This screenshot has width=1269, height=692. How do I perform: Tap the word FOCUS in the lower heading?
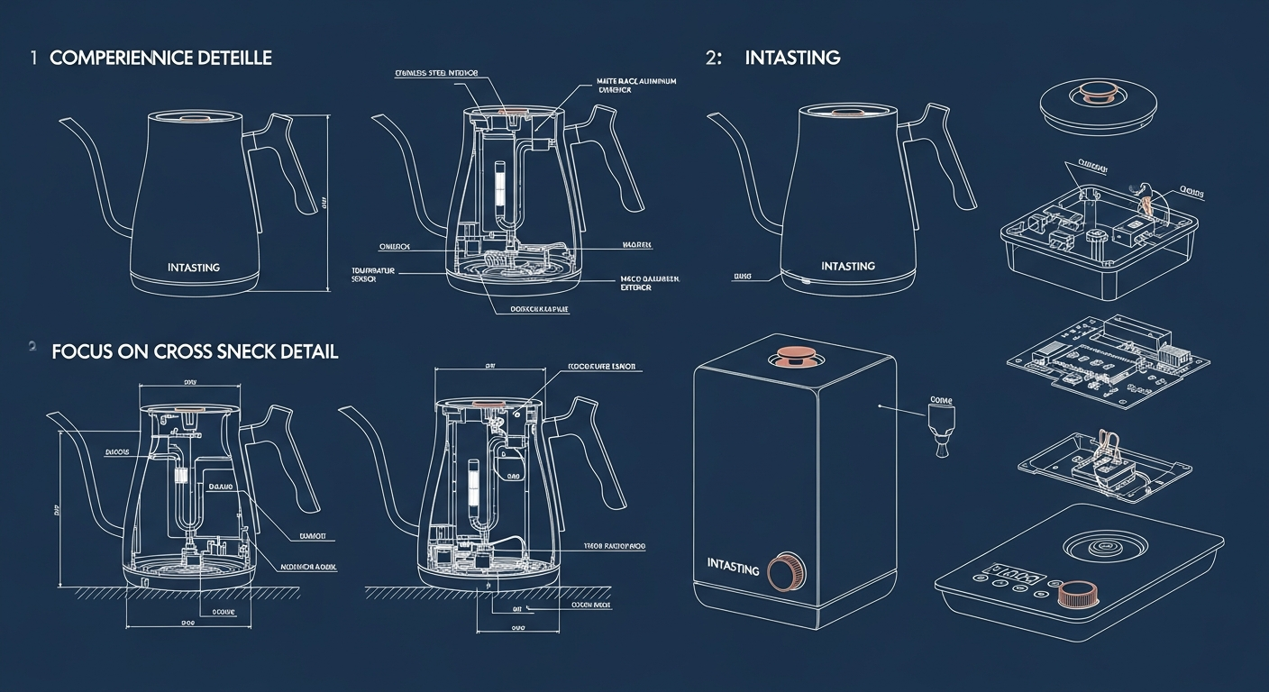coord(80,351)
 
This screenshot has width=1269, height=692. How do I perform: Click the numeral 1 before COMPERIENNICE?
coord(32,59)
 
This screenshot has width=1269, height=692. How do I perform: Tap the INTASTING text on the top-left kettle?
coord(194,268)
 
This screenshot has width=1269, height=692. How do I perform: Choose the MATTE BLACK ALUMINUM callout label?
coord(635,86)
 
